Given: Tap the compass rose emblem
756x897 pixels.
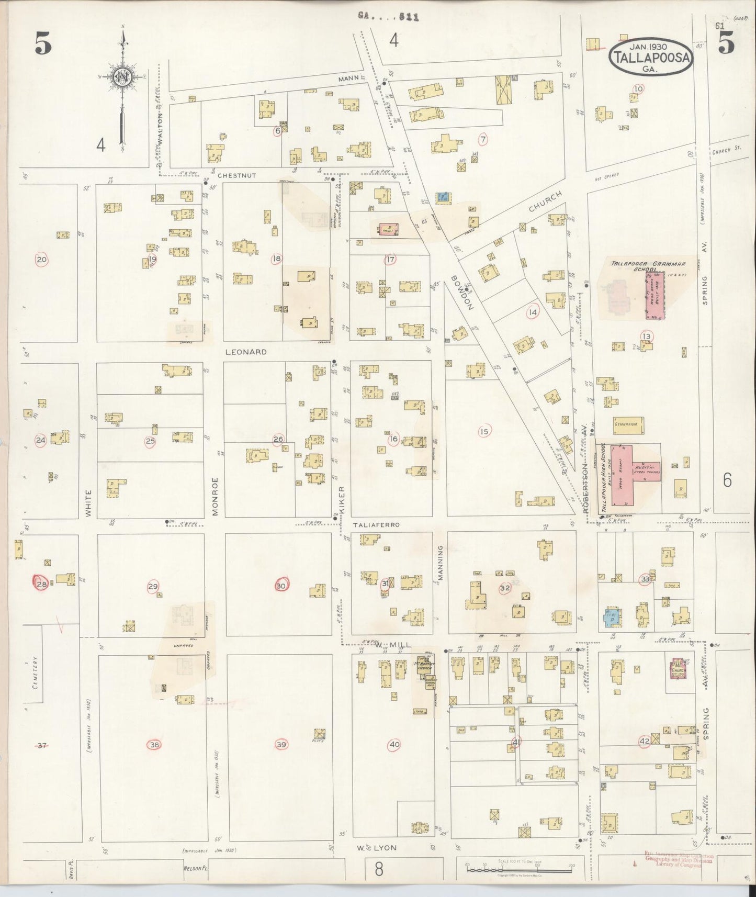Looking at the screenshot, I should coord(123,77).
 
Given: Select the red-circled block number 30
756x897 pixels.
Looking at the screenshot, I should coord(281,586).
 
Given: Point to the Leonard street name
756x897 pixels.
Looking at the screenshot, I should coord(246,352).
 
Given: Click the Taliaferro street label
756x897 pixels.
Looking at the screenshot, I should coord(376,524).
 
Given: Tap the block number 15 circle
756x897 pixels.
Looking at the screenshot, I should coord(483,431).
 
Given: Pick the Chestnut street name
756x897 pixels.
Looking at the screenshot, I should coord(237,175).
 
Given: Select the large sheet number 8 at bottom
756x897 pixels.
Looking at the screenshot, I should coord(378,869).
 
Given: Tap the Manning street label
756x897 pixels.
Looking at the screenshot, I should coord(440,563).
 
